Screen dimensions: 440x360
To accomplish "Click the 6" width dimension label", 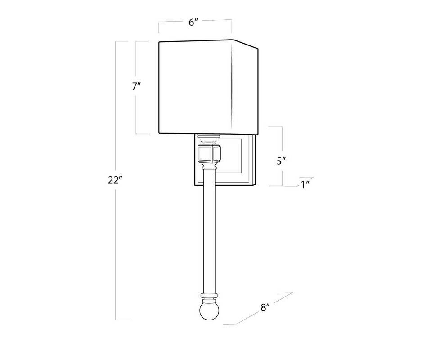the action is (193, 22).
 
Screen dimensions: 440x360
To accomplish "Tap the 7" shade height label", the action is (136, 86).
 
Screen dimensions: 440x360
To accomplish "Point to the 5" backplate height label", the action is (281, 161).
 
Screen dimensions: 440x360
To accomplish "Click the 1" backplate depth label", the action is (305, 184).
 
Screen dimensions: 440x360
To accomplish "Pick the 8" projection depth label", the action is (265, 307).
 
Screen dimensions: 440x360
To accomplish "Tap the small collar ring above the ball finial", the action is (209, 296).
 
